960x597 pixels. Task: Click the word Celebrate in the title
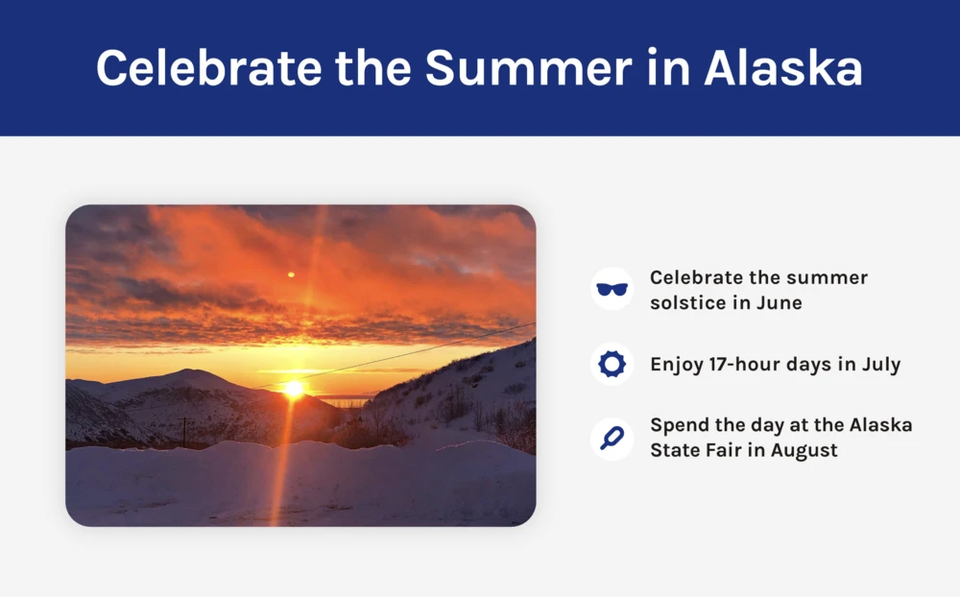point(208,67)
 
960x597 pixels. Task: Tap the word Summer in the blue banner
point(528,67)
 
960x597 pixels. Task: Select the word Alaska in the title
point(783,67)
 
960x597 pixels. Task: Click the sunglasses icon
point(612,289)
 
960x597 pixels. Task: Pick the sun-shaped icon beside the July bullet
point(612,365)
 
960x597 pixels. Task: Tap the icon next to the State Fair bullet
point(612,439)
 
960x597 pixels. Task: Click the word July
point(881,365)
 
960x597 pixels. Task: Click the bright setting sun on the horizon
point(294,388)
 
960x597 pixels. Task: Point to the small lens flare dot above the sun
point(292,275)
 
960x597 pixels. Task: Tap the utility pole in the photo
point(183,432)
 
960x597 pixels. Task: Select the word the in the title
point(372,67)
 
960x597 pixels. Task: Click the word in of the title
point(668,67)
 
